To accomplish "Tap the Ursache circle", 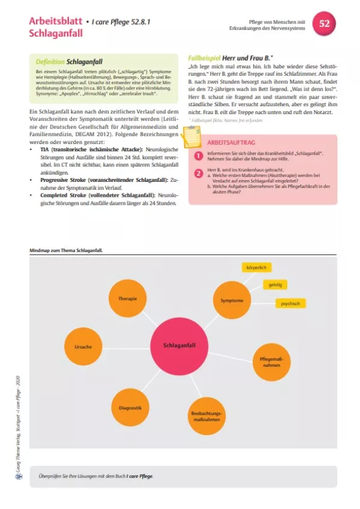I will click(x=83, y=347).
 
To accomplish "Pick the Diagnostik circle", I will click(x=130, y=408).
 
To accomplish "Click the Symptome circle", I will click(x=232, y=300).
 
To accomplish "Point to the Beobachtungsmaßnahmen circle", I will click(x=206, y=417).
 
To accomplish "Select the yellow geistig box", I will click(x=275, y=284).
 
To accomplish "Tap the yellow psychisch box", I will click(x=290, y=303).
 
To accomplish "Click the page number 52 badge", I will click(x=325, y=24).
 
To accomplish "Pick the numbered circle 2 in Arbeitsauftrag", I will click(x=199, y=173).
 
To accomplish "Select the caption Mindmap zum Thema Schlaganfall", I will click(x=65, y=250).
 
